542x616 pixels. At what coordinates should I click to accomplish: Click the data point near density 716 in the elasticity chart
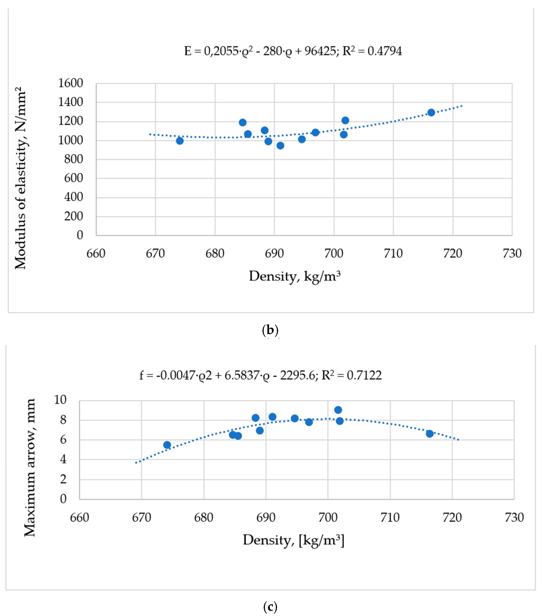[431, 112]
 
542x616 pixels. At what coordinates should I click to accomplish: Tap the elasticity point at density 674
[180, 141]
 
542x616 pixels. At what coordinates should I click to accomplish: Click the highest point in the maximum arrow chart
[338, 410]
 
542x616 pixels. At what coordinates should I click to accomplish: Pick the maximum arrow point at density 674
[167, 445]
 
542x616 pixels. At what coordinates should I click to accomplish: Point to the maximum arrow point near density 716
[430, 434]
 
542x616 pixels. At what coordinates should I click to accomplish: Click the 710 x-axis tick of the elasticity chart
[393, 254]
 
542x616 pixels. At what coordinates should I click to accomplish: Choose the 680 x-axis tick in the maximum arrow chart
[204, 517]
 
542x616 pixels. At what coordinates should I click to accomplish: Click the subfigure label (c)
[270, 606]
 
